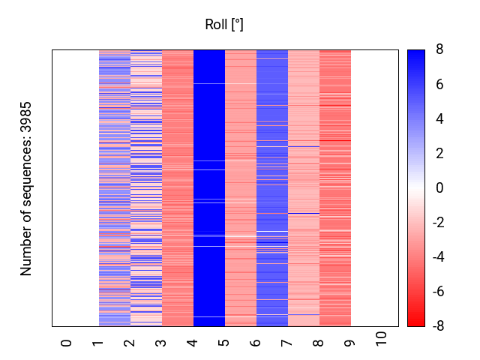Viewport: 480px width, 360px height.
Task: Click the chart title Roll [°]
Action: click(x=224, y=25)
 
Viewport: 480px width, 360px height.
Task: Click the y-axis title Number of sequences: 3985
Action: click(x=26, y=188)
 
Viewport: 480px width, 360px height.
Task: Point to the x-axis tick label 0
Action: click(x=66, y=343)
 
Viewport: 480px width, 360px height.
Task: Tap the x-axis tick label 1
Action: click(x=97, y=343)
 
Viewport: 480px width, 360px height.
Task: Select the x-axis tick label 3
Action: click(x=160, y=343)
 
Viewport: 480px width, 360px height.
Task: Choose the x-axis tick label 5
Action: click(x=223, y=343)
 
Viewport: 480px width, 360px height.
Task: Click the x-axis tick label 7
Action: click(x=286, y=343)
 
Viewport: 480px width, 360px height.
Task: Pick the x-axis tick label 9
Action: click(x=349, y=343)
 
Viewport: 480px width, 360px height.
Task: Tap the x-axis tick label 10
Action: click(x=381, y=339)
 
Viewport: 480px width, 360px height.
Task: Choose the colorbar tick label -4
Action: click(x=437, y=257)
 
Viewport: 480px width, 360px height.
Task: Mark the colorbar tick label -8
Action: click(x=437, y=326)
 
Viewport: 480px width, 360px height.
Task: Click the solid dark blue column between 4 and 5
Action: click(x=209, y=188)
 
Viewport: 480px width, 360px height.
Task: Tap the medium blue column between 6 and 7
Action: click(x=272, y=188)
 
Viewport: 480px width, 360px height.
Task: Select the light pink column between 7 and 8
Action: click(x=304, y=188)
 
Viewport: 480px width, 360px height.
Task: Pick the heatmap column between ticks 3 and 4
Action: click(x=178, y=188)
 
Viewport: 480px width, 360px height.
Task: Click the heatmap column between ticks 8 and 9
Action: click(x=335, y=188)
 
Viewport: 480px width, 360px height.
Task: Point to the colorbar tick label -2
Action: click(x=437, y=223)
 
